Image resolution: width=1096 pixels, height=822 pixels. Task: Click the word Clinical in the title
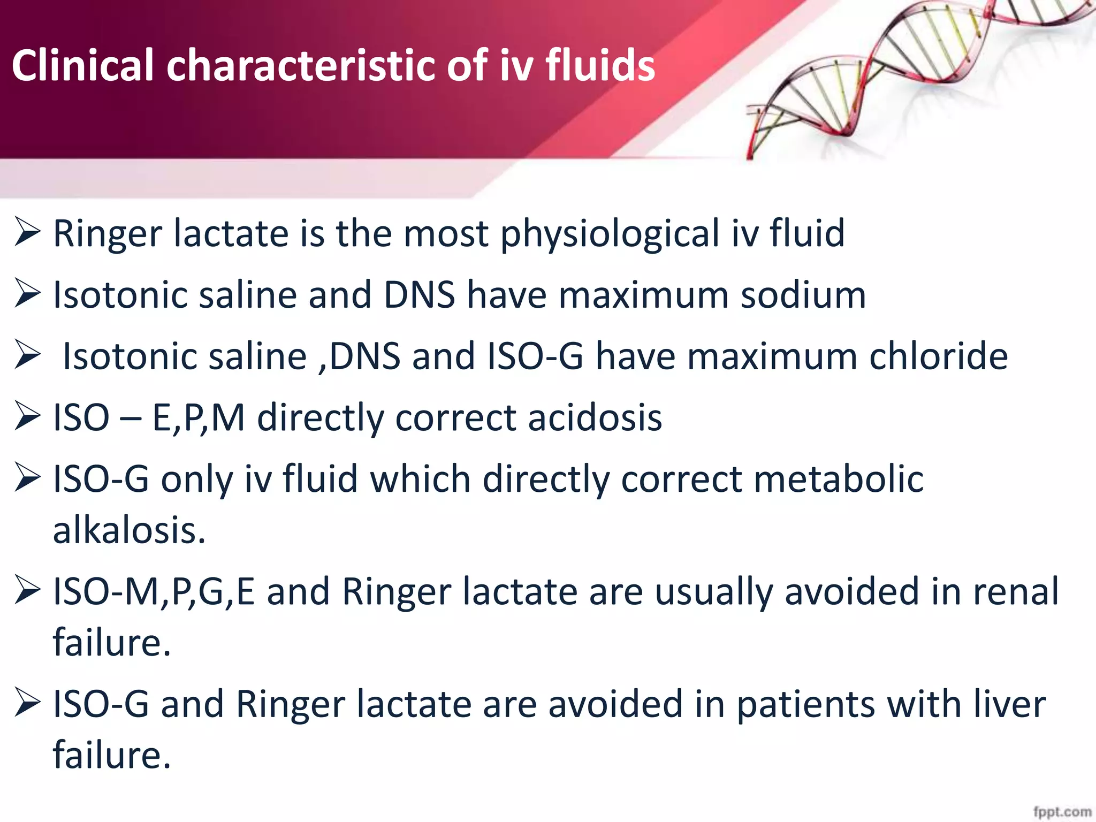(x=83, y=65)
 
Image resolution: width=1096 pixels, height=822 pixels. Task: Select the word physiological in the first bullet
(x=610, y=234)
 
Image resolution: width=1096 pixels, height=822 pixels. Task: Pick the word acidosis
(x=595, y=417)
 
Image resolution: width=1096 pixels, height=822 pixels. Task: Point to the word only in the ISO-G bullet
(x=197, y=479)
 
